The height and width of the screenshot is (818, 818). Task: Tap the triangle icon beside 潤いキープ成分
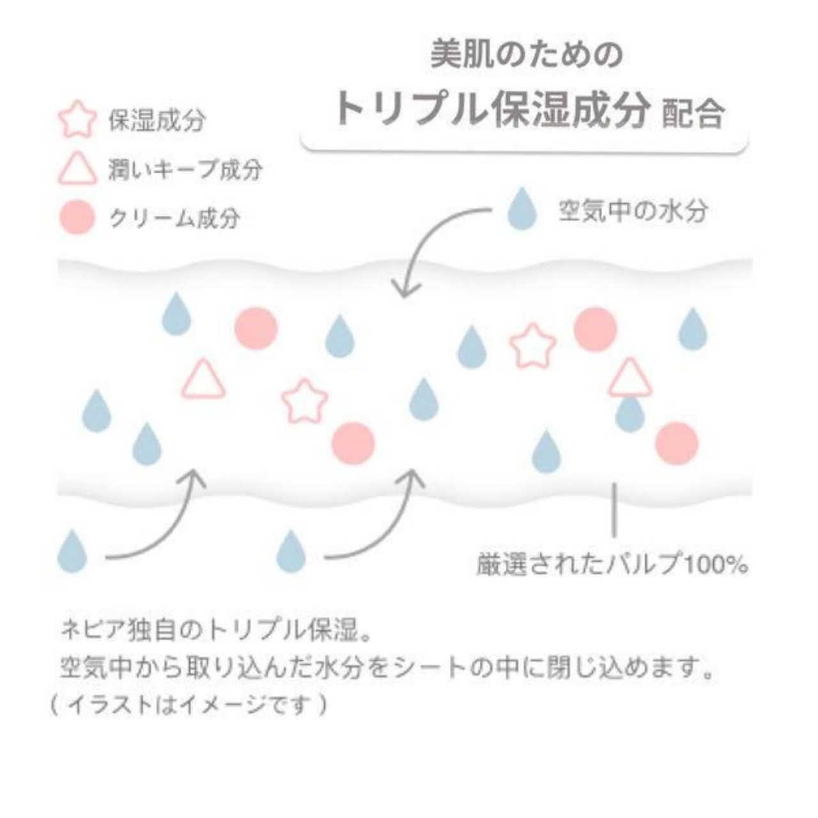point(77,171)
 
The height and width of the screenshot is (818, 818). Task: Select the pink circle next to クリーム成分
point(77,218)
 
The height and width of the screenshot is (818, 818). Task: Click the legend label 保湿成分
point(157,120)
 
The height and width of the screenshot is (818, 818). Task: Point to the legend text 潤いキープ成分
point(185,171)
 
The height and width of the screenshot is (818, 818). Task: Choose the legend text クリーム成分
point(174,219)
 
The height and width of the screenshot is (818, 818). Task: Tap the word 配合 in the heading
point(693,114)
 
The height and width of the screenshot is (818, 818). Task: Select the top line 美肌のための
point(525,54)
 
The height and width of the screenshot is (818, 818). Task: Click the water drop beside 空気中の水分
point(521,210)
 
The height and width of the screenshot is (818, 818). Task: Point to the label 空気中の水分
point(633,210)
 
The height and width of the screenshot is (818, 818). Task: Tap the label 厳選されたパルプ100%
point(612,565)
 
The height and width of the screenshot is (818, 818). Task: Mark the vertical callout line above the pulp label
point(614,509)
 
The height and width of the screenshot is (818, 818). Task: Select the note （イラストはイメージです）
point(189,705)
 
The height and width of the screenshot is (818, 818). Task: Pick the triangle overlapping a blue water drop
point(630,378)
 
